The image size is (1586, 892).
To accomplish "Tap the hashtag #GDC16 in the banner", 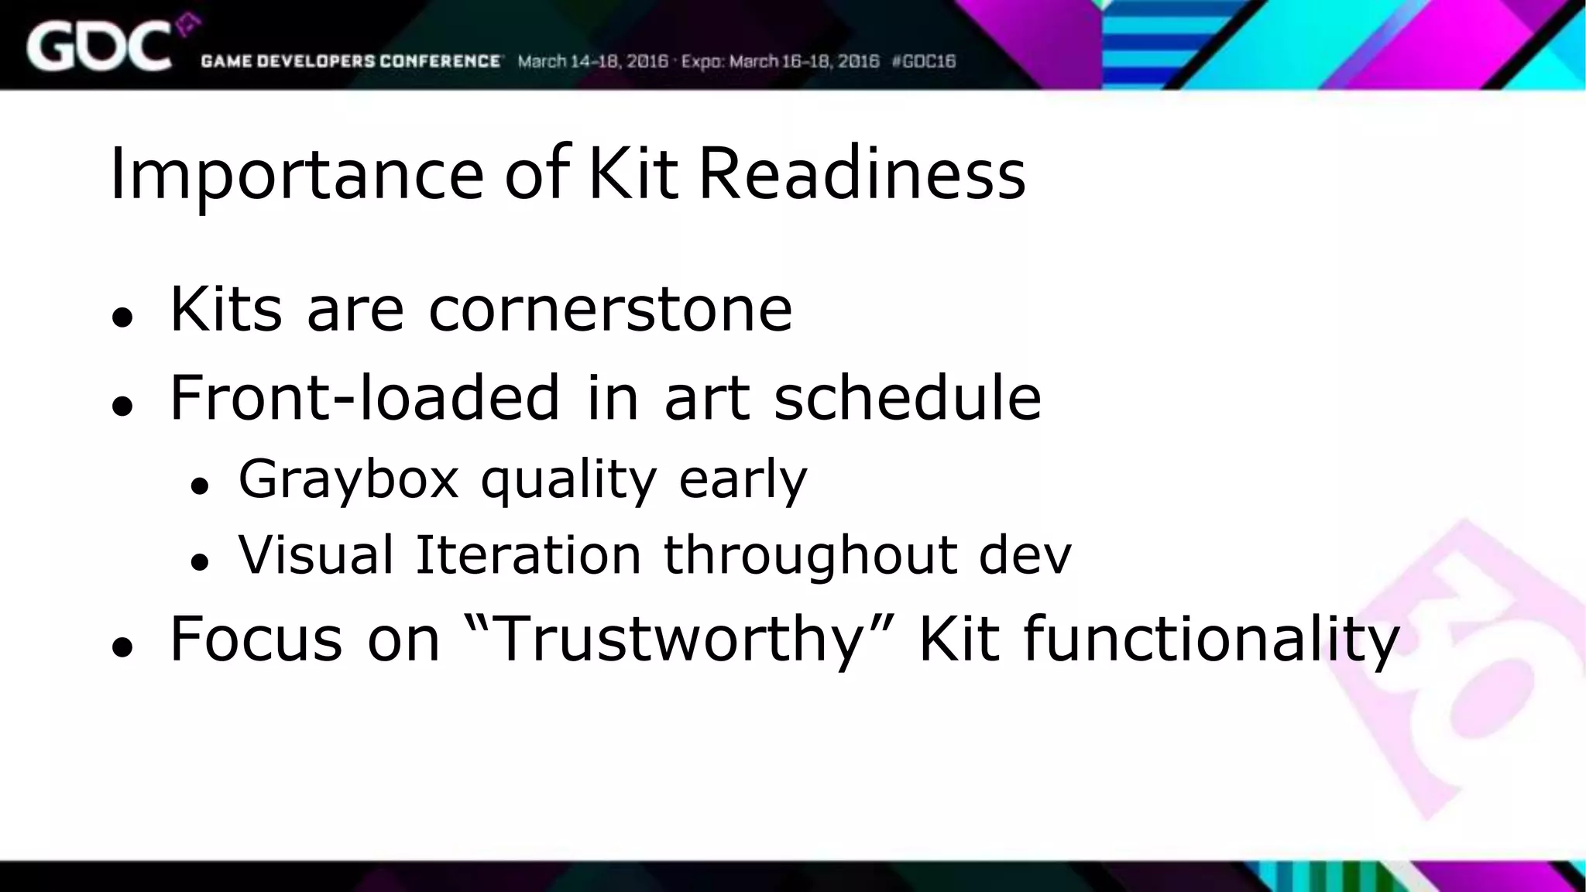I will pyautogui.click(x=924, y=61).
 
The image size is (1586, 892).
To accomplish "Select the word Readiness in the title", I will pyautogui.click(x=861, y=173).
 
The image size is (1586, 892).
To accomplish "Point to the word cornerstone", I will pyautogui.click(x=610, y=309).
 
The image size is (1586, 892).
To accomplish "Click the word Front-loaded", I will pyautogui.click(x=365, y=397).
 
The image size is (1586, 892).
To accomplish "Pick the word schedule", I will pyautogui.click(x=908, y=397).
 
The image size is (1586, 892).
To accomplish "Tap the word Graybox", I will pyautogui.click(x=348, y=479).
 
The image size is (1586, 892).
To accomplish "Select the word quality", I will pyautogui.click(x=569, y=479).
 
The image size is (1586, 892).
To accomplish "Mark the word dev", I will pyautogui.click(x=1025, y=554).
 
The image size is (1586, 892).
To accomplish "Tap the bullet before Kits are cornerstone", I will pyautogui.click(x=122, y=317).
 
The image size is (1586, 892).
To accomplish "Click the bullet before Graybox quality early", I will pyautogui.click(x=200, y=486).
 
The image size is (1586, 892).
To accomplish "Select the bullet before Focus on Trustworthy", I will pyautogui.click(x=122, y=647).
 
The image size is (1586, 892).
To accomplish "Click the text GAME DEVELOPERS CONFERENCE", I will pyautogui.click(x=351, y=61).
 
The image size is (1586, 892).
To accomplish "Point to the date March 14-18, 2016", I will pyautogui.click(x=592, y=61).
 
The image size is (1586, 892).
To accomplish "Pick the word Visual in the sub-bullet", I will pyautogui.click(x=316, y=554).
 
